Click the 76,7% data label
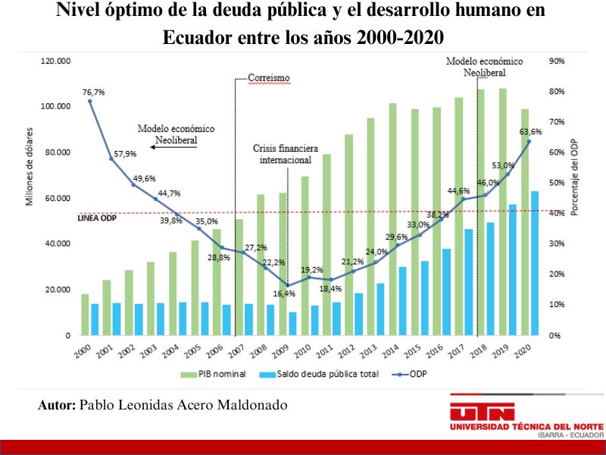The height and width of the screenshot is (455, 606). pyautogui.click(x=93, y=93)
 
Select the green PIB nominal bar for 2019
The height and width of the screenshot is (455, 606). pyautogui.click(x=503, y=212)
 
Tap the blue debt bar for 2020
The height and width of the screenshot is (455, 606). pyautogui.click(x=535, y=263)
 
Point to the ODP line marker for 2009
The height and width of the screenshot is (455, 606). pyautogui.click(x=288, y=286)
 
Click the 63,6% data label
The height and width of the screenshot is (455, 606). pyautogui.click(x=530, y=132)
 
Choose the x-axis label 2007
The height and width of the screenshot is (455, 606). pyautogui.click(x=236, y=351)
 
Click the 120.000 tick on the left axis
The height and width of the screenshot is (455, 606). pyautogui.click(x=55, y=61)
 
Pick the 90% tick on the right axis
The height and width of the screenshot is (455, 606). pyautogui.click(x=557, y=61)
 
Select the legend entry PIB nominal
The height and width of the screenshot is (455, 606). pyautogui.click(x=213, y=374)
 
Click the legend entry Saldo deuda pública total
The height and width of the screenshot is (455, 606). pyautogui.click(x=319, y=374)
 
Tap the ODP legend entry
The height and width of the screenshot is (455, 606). pyautogui.click(x=409, y=374)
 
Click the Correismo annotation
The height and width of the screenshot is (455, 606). pyautogui.click(x=269, y=78)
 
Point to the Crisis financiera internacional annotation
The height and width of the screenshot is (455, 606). pyautogui.click(x=286, y=154)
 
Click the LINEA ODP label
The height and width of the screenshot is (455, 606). pyautogui.click(x=97, y=218)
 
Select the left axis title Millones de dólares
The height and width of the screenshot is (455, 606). pyautogui.click(x=30, y=166)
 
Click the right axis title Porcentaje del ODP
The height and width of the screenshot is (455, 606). pyautogui.click(x=574, y=177)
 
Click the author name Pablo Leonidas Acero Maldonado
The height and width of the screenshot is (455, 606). pyautogui.click(x=183, y=405)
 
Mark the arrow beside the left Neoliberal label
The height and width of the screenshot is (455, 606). pyautogui.click(x=173, y=147)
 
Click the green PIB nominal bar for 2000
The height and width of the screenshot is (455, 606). pyautogui.click(x=85, y=315)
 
